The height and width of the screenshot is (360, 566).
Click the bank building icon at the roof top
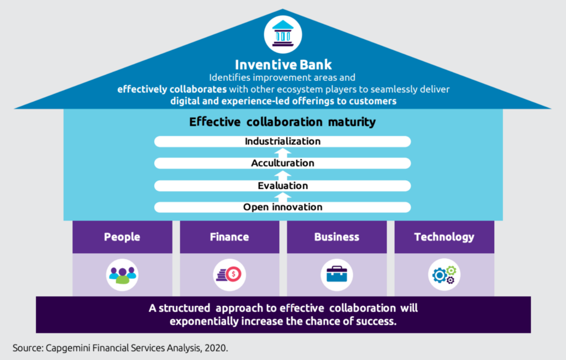[282, 34]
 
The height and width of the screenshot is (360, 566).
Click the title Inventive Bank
[283, 65]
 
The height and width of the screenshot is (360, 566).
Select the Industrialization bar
[282, 141]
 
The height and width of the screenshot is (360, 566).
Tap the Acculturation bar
[282, 163]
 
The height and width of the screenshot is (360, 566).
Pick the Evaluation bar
[282, 186]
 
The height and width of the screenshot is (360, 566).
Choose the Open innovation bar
[282, 207]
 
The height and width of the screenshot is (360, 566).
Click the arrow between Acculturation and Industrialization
[282, 153]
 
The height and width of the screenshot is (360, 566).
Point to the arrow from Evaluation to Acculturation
[282, 175]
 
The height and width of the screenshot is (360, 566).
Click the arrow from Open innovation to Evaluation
[282, 197]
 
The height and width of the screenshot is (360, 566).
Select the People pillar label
[122, 237]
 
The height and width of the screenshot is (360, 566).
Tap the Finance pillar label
[229, 237]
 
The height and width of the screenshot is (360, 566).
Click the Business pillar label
[337, 237]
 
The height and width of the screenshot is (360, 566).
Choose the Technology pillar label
[444, 237]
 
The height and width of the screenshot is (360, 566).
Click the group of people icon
[122, 275]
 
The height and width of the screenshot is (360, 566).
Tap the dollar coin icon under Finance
[229, 275]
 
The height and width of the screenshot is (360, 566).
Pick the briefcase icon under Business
[337, 275]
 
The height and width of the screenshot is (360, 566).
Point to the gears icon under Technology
[444, 275]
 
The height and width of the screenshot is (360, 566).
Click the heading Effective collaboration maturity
[282, 122]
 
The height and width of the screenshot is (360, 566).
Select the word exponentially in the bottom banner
[204, 321]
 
